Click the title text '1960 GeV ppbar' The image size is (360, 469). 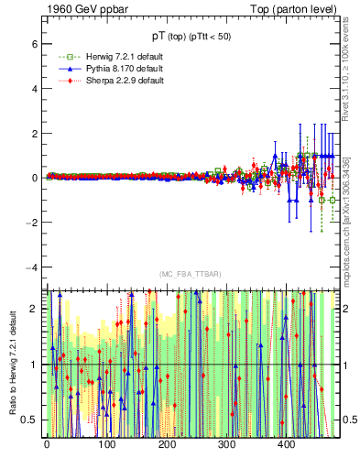[82, 8]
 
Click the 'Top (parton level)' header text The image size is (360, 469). [300, 8]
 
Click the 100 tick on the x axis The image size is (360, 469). [107, 444]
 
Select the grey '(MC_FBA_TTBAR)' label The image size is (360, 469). [189, 274]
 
